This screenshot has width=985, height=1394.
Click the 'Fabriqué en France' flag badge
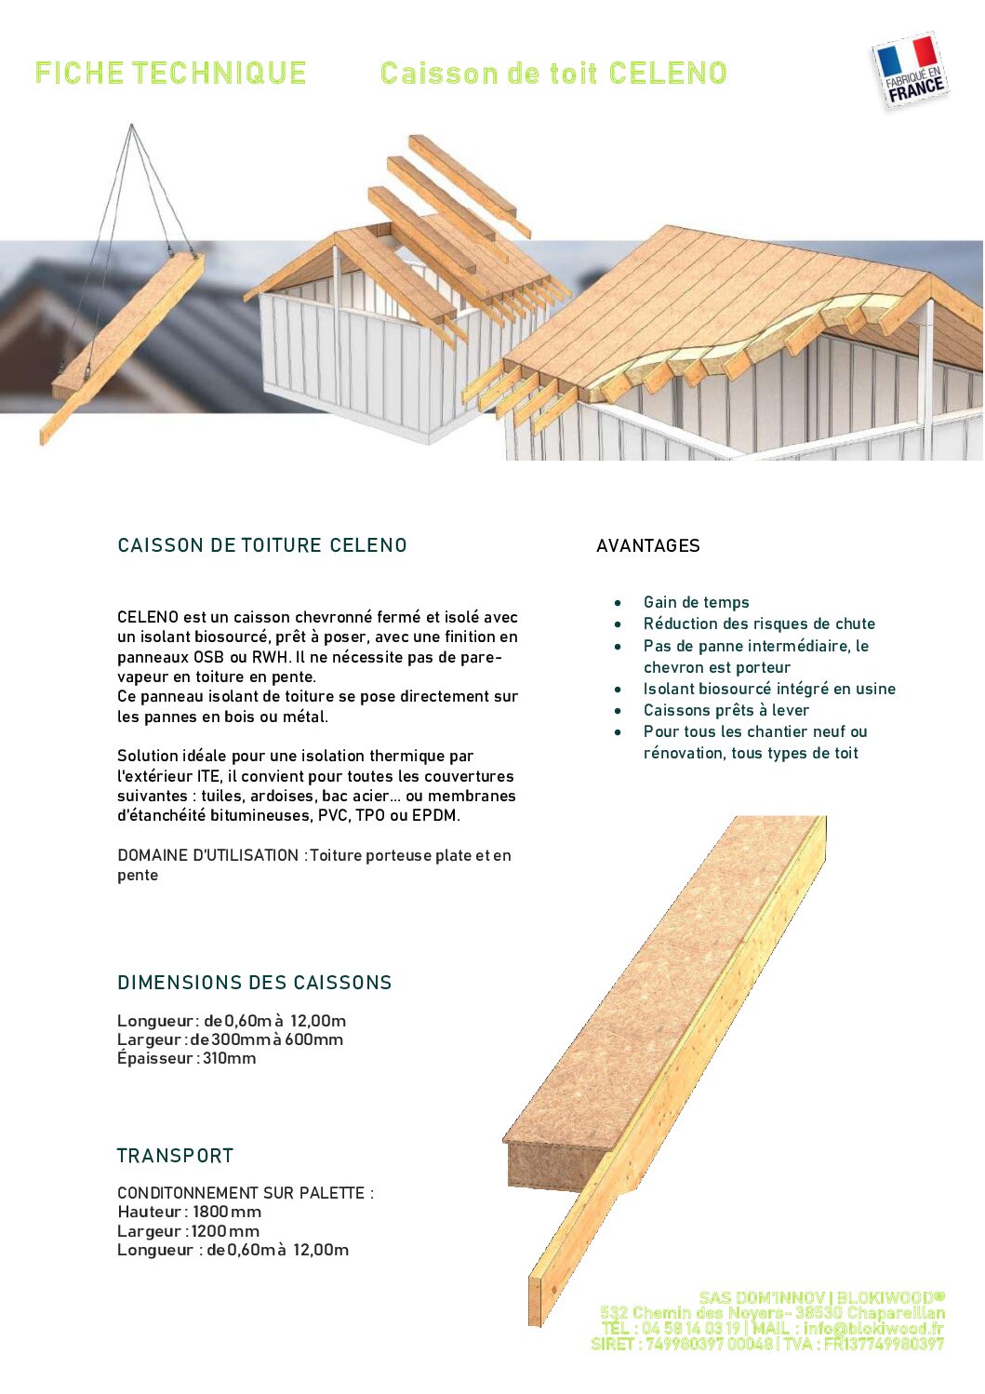pyautogui.click(x=911, y=71)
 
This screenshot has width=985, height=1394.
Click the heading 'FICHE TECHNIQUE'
pyautogui.click(x=170, y=74)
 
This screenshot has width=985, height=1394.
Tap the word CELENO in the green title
pyautogui.click(x=668, y=74)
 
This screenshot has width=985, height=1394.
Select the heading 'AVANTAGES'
pyautogui.click(x=647, y=546)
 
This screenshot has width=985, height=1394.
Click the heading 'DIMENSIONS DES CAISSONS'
pyautogui.click(x=254, y=983)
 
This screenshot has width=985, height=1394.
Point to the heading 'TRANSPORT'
pyautogui.click(x=175, y=1156)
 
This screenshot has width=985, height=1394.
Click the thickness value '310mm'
pyautogui.click(x=229, y=1059)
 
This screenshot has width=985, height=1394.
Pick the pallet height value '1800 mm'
pyautogui.click(x=227, y=1212)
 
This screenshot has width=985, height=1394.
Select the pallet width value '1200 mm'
pyautogui.click(x=225, y=1231)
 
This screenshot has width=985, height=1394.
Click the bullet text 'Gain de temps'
pyautogui.click(x=696, y=603)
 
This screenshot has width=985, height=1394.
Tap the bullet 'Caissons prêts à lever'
pyautogui.click(x=725, y=711)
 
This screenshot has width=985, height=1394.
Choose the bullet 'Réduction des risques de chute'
pyautogui.click(x=759, y=624)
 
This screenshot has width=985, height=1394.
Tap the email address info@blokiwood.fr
pyautogui.click(x=873, y=1329)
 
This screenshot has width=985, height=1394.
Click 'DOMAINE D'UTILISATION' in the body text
pyautogui.click(x=207, y=855)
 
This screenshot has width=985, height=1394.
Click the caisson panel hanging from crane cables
pyautogui.click(x=122, y=344)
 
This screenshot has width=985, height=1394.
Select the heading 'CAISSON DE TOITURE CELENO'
pyautogui.click(x=261, y=546)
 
